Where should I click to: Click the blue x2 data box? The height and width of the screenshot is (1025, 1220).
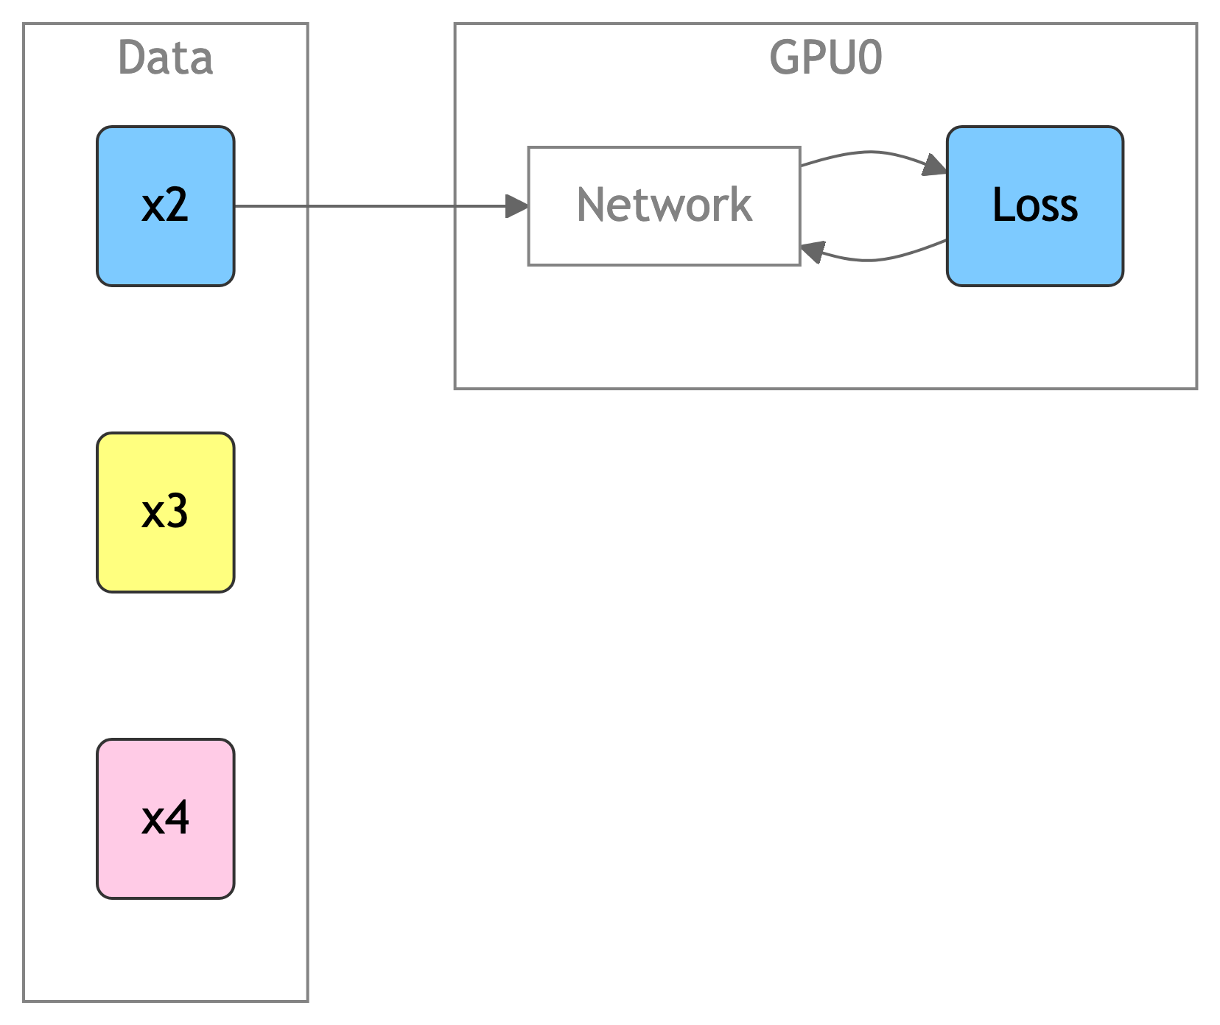(166, 206)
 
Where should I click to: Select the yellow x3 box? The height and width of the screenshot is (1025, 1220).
(166, 512)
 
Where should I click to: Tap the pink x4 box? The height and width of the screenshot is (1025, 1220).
(166, 819)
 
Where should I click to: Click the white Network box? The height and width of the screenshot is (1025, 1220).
(665, 206)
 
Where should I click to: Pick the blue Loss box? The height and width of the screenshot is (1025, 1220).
(1035, 206)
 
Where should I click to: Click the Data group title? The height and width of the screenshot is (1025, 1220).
(166, 58)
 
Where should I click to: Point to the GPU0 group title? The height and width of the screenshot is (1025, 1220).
(826, 58)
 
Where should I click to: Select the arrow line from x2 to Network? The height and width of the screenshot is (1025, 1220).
(382, 206)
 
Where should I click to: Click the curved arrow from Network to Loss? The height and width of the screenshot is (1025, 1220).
(871, 152)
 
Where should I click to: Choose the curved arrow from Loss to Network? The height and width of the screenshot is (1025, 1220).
(871, 260)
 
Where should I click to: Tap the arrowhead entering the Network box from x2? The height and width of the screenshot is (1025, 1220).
(517, 206)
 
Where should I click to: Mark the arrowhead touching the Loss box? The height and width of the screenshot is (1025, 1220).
(936, 166)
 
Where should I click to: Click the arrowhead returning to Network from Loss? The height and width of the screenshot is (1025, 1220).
(812, 253)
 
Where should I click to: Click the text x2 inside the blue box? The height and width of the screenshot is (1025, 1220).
(165, 205)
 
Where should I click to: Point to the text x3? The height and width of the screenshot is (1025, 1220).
(165, 512)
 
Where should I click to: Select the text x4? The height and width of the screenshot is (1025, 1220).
(166, 818)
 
